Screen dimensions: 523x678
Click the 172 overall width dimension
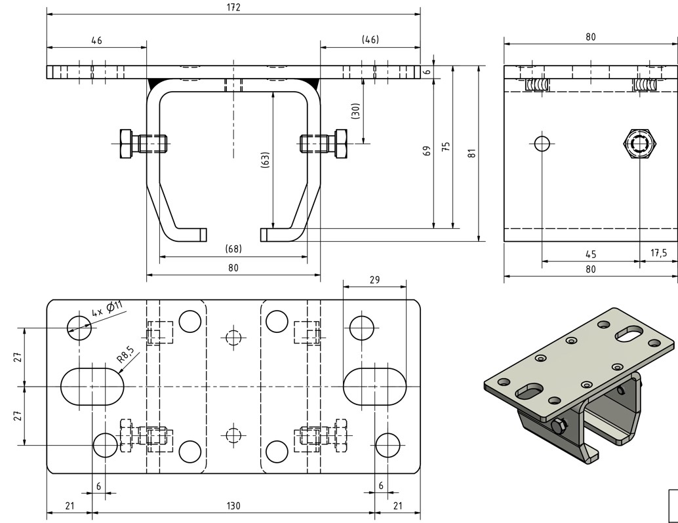coord(233,8)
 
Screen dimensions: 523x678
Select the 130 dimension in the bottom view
coord(233,505)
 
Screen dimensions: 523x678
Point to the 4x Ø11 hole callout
coord(107,307)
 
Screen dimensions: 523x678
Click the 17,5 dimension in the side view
coord(658,254)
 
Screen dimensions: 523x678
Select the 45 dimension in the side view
coord(590,254)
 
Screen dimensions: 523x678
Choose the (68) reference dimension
coord(233,248)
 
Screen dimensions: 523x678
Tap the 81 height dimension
coord(471,153)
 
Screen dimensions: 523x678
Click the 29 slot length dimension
coord(374,279)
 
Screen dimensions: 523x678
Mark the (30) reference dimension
coord(355,110)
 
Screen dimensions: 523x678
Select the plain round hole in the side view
coord(542,143)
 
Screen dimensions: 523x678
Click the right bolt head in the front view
coord(341,143)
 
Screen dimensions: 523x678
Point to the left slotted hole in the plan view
coord(92,387)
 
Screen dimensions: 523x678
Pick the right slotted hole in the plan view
coord(374,387)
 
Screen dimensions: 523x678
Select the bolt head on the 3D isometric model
coord(558,427)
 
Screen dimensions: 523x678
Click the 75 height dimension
coord(447,146)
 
